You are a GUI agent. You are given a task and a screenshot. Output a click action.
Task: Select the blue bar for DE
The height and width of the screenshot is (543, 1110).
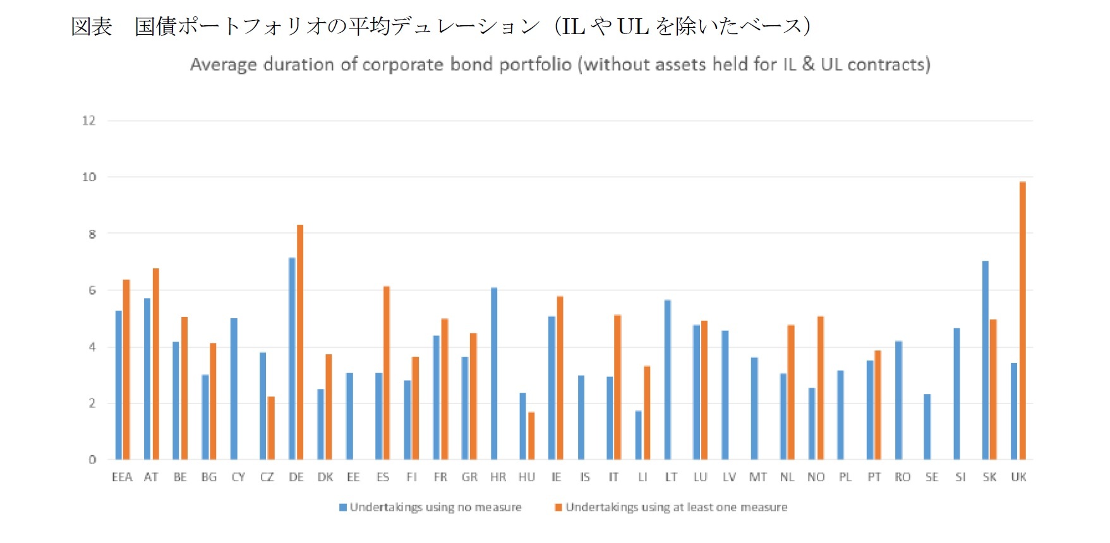[292, 358]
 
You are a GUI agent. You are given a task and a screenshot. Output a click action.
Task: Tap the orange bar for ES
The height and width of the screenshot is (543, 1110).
[387, 373]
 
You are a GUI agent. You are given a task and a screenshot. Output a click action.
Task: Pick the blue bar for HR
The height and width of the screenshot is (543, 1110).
[494, 373]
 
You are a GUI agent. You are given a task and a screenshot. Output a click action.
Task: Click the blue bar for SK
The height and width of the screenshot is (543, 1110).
[985, 360]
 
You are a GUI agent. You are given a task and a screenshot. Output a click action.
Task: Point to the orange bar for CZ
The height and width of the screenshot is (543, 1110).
[271, 427]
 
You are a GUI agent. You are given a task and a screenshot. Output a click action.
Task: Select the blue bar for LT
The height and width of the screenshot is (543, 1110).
[668, 379]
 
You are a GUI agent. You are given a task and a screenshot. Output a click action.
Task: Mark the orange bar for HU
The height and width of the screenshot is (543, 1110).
[531, 435]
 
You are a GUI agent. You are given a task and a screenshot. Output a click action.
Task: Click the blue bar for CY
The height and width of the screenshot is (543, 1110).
[234, 388]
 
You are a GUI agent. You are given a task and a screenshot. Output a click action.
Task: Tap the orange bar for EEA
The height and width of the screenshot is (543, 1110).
[126, 369]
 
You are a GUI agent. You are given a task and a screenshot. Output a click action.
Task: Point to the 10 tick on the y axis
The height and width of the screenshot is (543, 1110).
[89, 177]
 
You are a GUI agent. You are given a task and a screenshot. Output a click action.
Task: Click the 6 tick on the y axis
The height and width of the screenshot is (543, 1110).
[92, 290]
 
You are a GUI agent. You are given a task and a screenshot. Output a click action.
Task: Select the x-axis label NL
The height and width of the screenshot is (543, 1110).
[787, 477]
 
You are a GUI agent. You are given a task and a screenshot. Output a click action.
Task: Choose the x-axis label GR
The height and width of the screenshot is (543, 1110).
[469, 477]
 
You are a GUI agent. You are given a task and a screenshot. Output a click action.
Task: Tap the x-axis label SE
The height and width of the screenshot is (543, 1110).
[931, 477]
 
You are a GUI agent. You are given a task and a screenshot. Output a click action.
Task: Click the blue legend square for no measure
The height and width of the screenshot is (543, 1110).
[343, 507]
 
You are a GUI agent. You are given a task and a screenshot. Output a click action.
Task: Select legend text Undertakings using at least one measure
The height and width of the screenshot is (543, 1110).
[676, 507]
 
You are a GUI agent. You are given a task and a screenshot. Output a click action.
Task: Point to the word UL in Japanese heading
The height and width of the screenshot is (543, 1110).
[632, 27]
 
